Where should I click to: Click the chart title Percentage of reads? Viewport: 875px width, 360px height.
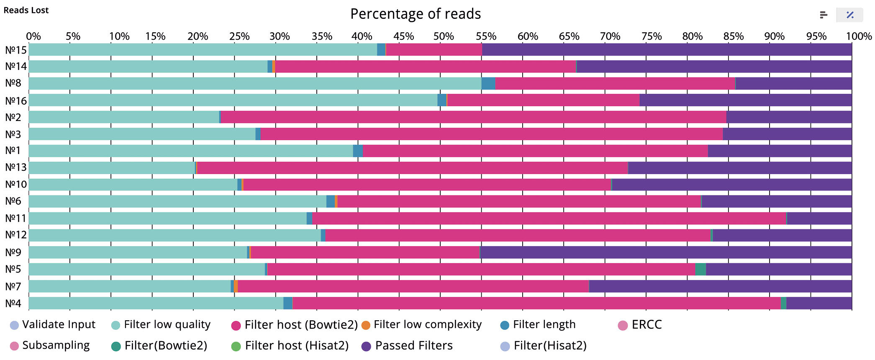(416, 14)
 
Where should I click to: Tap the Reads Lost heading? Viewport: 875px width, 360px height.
(26, 10)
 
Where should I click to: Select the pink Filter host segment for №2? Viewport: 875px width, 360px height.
(473, 117)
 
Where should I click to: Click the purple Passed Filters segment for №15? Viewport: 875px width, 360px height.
(667, 50)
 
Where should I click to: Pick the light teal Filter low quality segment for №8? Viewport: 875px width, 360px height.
(254, 83)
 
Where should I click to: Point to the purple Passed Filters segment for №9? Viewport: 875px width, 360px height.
(666, 252)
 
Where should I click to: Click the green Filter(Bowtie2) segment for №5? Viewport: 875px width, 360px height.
(701, 269)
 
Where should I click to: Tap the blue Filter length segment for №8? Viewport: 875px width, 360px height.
(488, 83)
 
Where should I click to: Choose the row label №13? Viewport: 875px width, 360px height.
(16, 167)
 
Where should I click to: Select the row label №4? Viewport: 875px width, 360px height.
(13, 303)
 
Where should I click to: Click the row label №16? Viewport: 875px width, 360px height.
(16, 101)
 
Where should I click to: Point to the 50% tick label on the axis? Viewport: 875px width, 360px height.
(444, 36)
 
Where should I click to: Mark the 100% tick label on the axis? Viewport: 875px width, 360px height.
(859, 36)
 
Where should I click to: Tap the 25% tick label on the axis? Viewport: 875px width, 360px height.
(239, 36)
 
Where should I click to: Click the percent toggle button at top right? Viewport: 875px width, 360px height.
(849, 15)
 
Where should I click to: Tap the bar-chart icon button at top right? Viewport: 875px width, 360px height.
(824, 15)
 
